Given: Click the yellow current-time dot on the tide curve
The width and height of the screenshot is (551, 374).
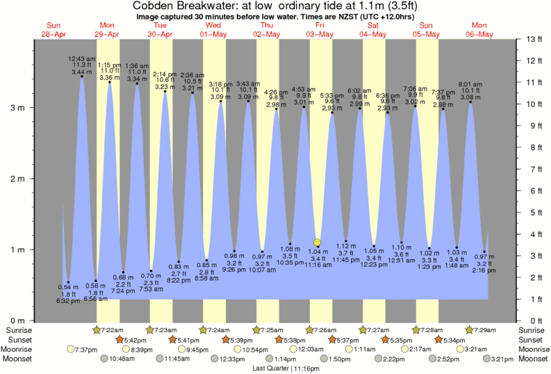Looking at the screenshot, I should click(318, 243).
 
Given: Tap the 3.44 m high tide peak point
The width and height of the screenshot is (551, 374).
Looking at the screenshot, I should click(82, 76).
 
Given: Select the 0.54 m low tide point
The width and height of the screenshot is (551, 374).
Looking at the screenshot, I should click(68, 282).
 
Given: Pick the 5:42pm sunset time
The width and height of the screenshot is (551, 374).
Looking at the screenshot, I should click(136, 339).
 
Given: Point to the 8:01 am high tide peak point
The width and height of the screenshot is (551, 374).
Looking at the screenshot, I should click(470, 102).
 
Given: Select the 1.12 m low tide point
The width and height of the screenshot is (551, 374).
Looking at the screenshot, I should click(345, 241).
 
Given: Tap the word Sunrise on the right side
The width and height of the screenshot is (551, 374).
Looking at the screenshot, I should click(532, 330).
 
